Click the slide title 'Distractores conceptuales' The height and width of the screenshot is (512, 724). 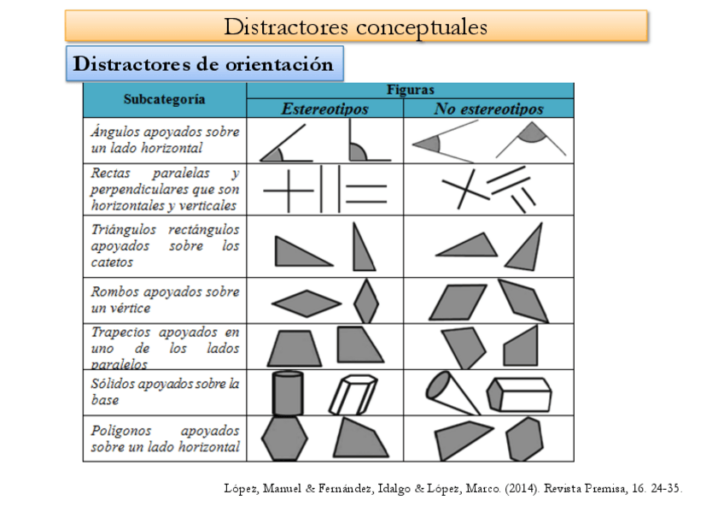pyautogui.click(x=355, y=26)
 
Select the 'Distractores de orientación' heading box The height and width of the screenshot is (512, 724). pyautogui.click(x=203, y=64)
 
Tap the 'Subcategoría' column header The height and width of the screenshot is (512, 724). pyautogui.click(x=164, y=99)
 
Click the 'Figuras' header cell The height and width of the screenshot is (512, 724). pyautogui.click(x=410, y=89)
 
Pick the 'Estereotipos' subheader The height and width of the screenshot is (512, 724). pyautogui.click(x=324, y=109)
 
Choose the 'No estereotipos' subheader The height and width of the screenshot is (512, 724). pyautogui.click(x=488, y=109)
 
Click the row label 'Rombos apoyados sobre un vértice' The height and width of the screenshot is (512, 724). pyautogui.click(x=165, y=299)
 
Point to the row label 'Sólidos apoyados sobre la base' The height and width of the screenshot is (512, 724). pyautogui.click(x=165, y=391)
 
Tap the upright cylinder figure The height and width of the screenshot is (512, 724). pyautogui.click(x=287, y=393)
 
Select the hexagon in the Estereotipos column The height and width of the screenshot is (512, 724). pyautogui.click(x=284, y=438)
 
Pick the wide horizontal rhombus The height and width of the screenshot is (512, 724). pyautogui.click(x=306, y=303)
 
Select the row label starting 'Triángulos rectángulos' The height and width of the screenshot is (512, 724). pyautogui.click(x=165, y=245)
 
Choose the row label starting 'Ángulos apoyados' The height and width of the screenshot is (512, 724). pyautogui.click(x=165, y=139)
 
